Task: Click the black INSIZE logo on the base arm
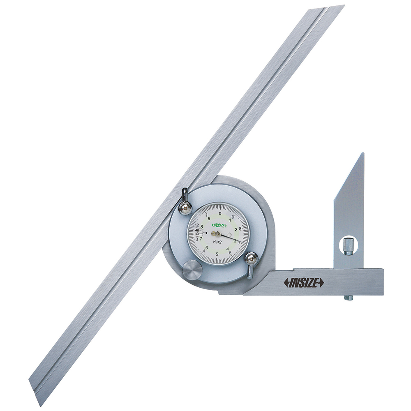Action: pyautogui.click(x=304, y=282)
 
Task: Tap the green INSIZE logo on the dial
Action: pyautogui.click(x=219, y=225)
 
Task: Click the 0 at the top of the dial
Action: pyautogui.click(x=220, y=214)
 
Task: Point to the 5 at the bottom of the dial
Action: pyautogui.click(x=217, y=254)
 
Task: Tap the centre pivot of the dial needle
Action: pyautogui.click(x=218, y=234)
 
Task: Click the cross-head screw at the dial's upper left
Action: pyautogui.click(x=185, y=208)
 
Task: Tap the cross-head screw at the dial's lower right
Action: pyautogui.click(x=251, y=259)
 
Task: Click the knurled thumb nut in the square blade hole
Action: pyautogui.click(x=348, y=246)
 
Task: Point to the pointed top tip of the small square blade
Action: pyautogui.click(x=363, y=154)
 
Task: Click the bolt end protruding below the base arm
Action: pyautogui.click(x=348, y=298)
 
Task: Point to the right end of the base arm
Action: pyautogui.click(x=382, y=282)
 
